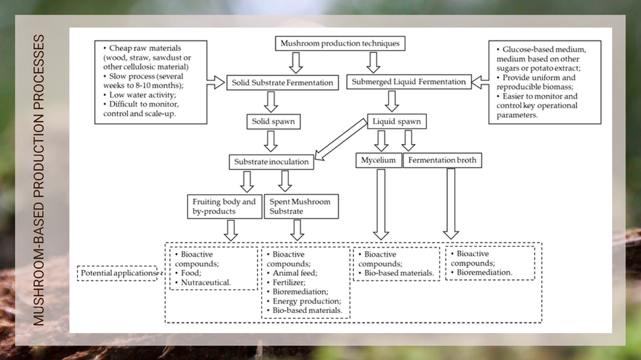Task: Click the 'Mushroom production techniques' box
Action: [x=340, y=44]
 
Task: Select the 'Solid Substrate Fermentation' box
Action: [x=282, y=83]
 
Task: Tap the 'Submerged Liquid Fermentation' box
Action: [x=409, y=82]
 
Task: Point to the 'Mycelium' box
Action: [x=378, y=161]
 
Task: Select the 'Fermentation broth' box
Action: [x=442, y=161]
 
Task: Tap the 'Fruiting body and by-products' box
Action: [x=224, y=207]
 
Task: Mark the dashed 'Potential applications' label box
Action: [x=117, y=273]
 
